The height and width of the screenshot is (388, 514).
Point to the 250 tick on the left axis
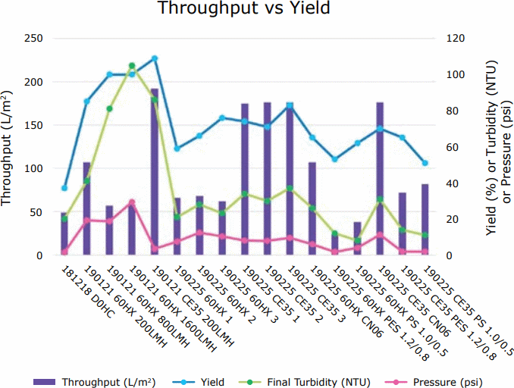35,38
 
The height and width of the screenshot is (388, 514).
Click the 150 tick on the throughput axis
35,125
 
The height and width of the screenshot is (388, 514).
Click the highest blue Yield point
155,58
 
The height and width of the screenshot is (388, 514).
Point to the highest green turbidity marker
132,66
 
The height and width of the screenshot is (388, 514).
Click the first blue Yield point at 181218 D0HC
64,188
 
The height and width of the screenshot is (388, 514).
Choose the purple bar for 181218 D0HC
64,234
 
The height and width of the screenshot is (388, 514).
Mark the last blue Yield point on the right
425,163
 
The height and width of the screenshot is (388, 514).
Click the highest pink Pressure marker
132,202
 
